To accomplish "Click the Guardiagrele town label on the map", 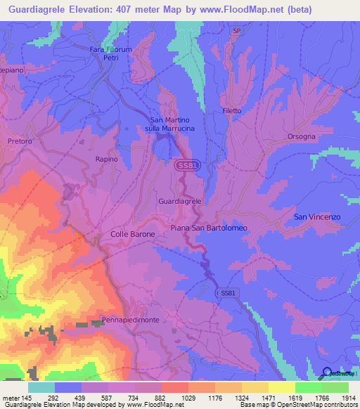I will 181,200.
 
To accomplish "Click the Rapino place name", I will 108,160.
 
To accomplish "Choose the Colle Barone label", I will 133,234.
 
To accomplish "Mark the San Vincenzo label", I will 316,217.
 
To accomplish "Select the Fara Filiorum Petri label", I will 111,53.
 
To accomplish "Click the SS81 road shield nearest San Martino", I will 185,164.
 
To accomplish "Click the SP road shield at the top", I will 237,31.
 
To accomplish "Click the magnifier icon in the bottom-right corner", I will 327,373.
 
